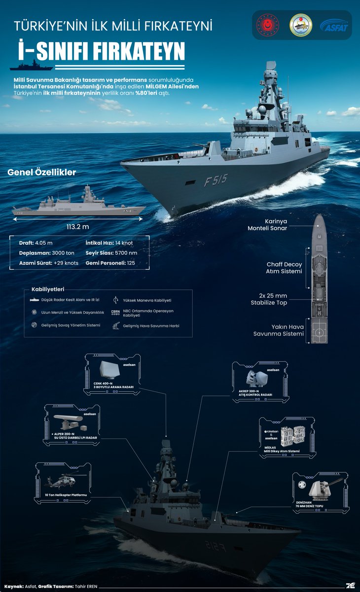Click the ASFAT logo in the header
334,25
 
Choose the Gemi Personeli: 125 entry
110,263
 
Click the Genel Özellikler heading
41,173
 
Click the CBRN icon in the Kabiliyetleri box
115,312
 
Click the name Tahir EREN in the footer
87,586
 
